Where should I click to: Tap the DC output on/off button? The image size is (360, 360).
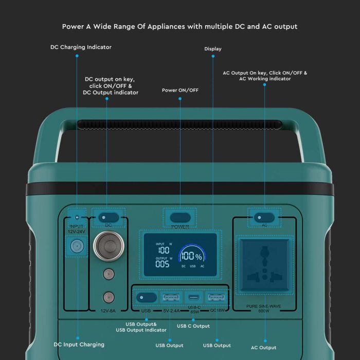coord(108,217)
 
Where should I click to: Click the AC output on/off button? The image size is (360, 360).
coord(264,217)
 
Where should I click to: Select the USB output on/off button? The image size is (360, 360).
coord(146,297)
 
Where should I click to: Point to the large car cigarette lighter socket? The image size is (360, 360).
coord(109,244)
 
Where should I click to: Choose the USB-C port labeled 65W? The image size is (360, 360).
coord(194,297)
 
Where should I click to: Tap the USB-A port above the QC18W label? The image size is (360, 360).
coord(216,297)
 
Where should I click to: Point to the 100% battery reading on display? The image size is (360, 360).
coord(191,256)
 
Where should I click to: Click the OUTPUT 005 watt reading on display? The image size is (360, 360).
coord(163,263)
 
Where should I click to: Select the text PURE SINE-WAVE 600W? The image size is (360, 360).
coord(264,309)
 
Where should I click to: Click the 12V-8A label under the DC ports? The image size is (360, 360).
coord(108,311)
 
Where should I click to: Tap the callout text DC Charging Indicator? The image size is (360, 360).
coord(81,47)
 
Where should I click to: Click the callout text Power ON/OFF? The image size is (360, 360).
coord(180,91)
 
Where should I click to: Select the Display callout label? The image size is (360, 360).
coord(213,49)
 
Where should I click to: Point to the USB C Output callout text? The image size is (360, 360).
coord(193,326)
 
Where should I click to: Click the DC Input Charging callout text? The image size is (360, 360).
coord(79,345)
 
